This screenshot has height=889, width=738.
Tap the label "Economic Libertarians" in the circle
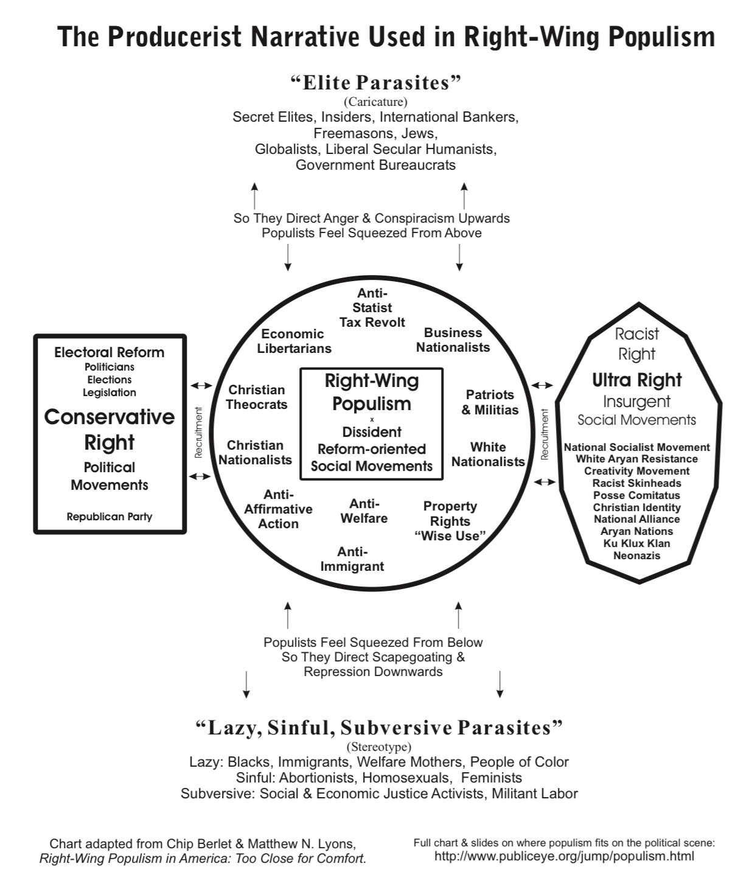pos(294,341)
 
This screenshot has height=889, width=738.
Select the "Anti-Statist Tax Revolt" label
pos(372,308)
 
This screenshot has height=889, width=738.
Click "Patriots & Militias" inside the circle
pos(490,402)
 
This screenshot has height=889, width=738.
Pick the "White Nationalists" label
pos(488,455)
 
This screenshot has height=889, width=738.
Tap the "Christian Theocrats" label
pos(257,397)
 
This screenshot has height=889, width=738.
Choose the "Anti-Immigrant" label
pos(352,559)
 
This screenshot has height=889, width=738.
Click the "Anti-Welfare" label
pos(364,511)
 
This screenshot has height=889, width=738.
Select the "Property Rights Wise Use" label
pos(450,521)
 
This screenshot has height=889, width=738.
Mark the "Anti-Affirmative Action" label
pos(279,509)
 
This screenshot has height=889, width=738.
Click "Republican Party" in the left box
pos(110,517)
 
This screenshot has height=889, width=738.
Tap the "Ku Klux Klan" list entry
pos(637,543)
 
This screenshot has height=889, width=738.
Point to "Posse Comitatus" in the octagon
pos(637,495)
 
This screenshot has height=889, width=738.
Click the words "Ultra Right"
pos(637,380)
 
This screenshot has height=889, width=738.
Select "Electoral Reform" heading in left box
pos(110,352)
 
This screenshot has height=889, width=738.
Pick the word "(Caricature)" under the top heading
pos(375,102)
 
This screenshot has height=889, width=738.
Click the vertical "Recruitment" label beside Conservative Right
pos(197,433)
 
